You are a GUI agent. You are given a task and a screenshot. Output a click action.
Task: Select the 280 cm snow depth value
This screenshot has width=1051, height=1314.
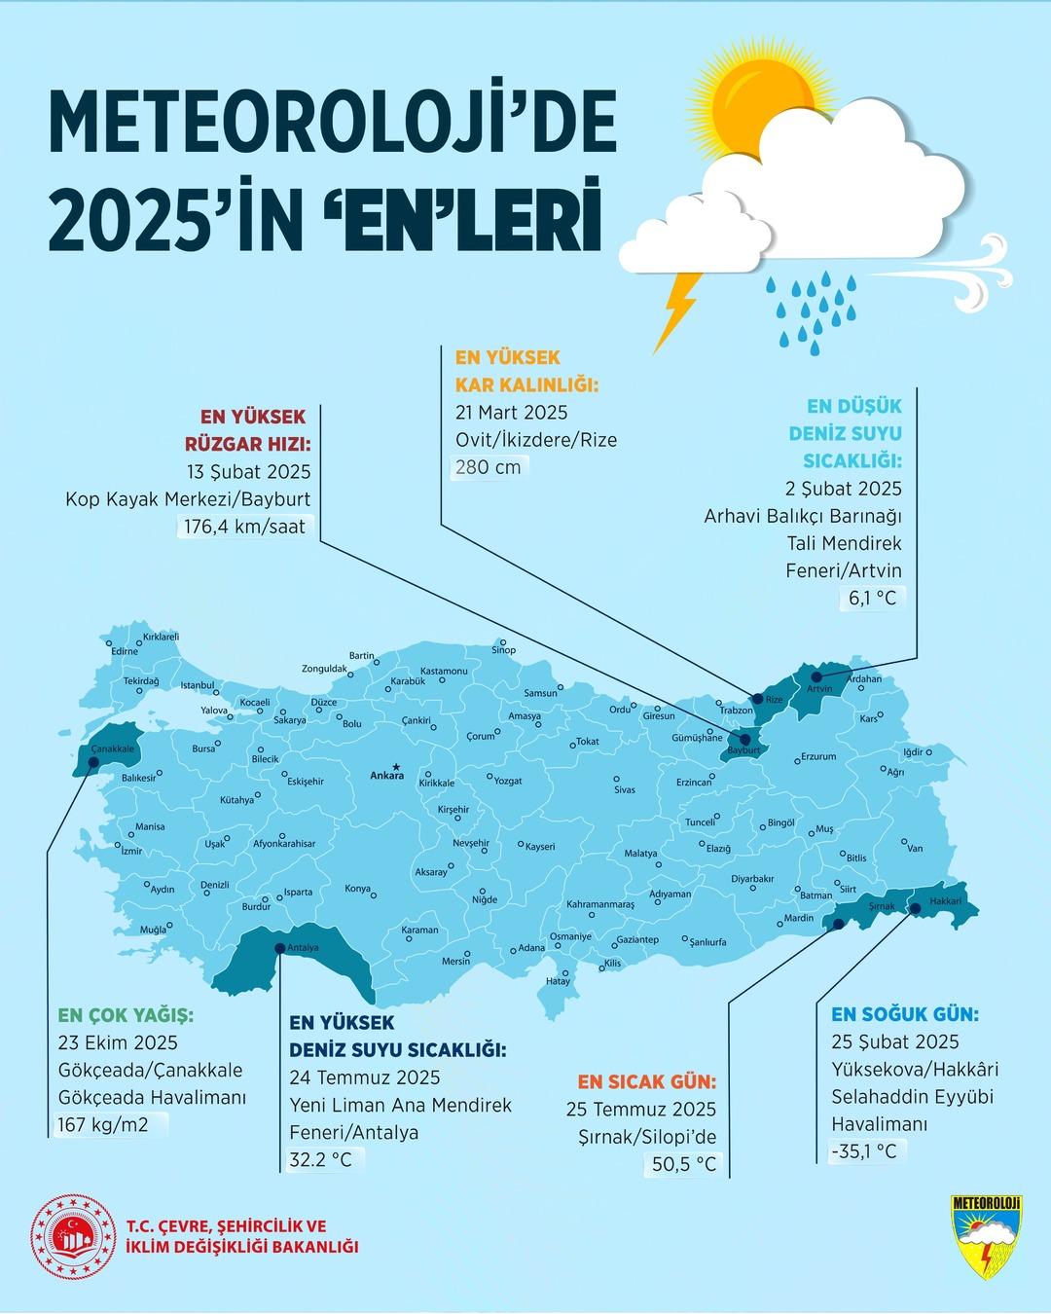[x=489, y=467]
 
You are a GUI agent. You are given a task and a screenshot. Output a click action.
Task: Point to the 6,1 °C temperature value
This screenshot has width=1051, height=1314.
[x=872, y=598]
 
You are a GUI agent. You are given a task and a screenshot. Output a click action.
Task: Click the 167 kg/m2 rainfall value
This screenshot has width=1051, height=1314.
[x=107, y=1125]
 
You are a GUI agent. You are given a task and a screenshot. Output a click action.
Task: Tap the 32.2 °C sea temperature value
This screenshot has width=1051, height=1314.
[x=321, y=1159]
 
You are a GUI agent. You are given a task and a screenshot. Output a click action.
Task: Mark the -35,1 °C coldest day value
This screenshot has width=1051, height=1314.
[x=863, y=1151]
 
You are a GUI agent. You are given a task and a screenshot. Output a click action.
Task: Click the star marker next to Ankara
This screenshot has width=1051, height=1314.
[x=394, y=765]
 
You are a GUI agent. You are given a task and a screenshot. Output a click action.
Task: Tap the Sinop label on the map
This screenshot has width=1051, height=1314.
[x=505, y=649]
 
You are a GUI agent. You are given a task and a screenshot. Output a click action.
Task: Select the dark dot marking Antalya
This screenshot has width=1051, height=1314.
[x=280, y=948]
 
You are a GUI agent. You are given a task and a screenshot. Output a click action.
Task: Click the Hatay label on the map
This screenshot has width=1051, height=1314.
[x=558, y=981]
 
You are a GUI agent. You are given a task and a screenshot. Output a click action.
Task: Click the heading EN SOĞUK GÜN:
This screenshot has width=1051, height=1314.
[x=905, y=1014]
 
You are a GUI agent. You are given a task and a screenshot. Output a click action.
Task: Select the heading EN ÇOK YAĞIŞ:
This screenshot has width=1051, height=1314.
[x=126, y=1015]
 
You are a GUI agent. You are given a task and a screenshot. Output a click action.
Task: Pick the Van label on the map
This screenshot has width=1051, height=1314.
[x=915, y=849]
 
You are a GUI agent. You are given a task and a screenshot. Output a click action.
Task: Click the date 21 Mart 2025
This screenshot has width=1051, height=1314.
[x=511, y=412]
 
